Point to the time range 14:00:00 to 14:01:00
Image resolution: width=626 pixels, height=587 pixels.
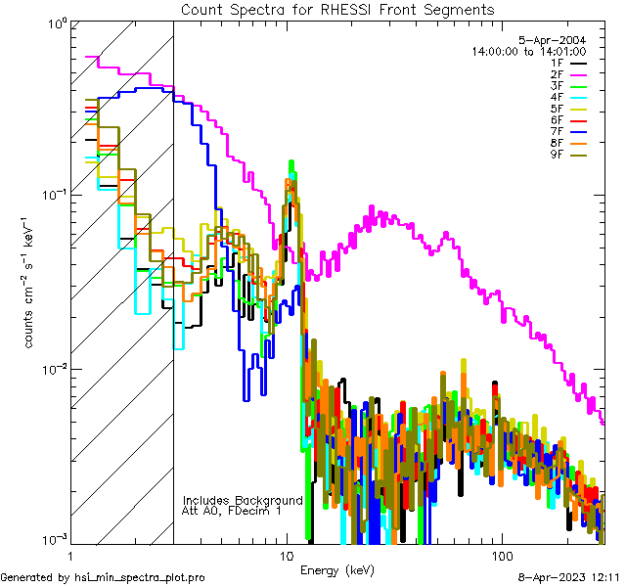coord(528,51)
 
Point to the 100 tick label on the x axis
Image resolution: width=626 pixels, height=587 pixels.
coord(501,555)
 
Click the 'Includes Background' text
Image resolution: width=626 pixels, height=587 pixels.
coord(243,500)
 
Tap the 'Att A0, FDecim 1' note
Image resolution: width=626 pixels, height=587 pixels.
coord(232,511)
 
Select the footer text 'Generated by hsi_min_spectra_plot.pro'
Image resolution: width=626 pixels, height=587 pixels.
coord(103,578)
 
